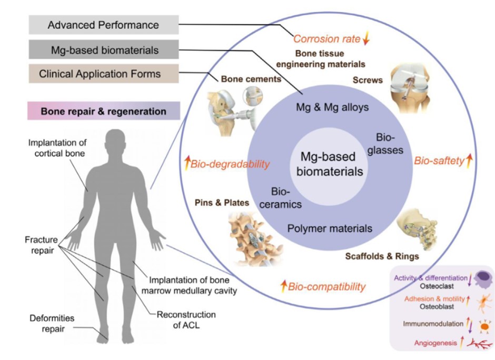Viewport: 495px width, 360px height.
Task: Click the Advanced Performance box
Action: tap(103, 25)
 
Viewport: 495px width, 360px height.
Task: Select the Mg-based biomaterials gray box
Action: tap(103, 50)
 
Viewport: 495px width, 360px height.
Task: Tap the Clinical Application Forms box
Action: tap(103, 74)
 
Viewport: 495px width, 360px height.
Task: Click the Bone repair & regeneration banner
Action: tap(103, 112)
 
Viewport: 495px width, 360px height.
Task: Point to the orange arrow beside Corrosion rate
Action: tap(368, 38)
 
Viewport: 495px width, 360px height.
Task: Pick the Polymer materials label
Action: tap(330, 228)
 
